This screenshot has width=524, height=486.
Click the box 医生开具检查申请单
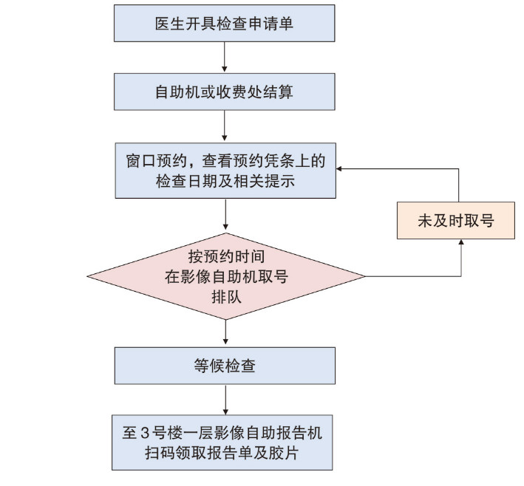click(225, 24)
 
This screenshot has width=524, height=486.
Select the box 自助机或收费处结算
click(225, 92)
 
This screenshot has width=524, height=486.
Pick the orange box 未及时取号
click(455, 220)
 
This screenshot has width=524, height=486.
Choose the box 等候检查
click(225, 366)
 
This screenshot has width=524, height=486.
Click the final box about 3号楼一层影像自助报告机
click(225, 441)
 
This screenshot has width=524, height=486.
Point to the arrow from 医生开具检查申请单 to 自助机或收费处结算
click(225, 58)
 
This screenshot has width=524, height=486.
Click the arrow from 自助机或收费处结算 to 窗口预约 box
click(225, 126)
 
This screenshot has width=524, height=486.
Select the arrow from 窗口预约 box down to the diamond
click(225, 215)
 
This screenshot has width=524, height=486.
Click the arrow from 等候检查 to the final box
click(225, 400)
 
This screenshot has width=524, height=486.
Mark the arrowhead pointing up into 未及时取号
click(460, 243)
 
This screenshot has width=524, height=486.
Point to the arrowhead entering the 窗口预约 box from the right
click(340, 169)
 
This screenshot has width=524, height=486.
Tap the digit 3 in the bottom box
click(148, 431)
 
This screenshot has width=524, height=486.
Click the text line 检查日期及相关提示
click(225, 180)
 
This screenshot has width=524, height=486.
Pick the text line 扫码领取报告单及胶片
click(225, 451)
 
